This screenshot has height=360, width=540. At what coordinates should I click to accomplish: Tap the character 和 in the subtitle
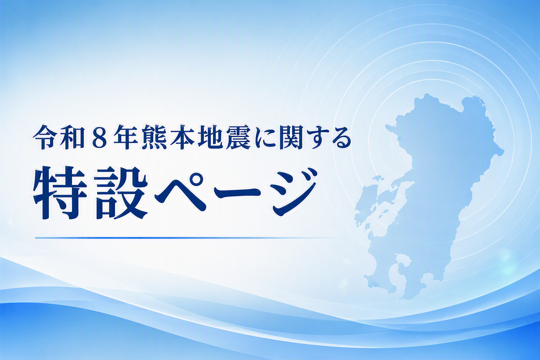(71, 140)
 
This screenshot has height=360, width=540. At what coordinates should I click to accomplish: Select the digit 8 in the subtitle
(99, 140)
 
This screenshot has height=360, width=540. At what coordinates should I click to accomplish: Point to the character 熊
(154, 140)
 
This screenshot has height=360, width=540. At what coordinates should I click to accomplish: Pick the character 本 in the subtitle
(181, 140)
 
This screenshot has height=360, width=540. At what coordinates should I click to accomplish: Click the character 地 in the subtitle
(209, 140)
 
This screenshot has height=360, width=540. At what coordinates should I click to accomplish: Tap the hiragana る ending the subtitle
(341, 140)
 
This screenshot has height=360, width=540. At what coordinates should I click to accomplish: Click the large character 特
(60, 193)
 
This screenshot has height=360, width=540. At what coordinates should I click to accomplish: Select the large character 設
(120, 193)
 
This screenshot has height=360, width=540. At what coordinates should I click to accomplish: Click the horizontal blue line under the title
(186, 238)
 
